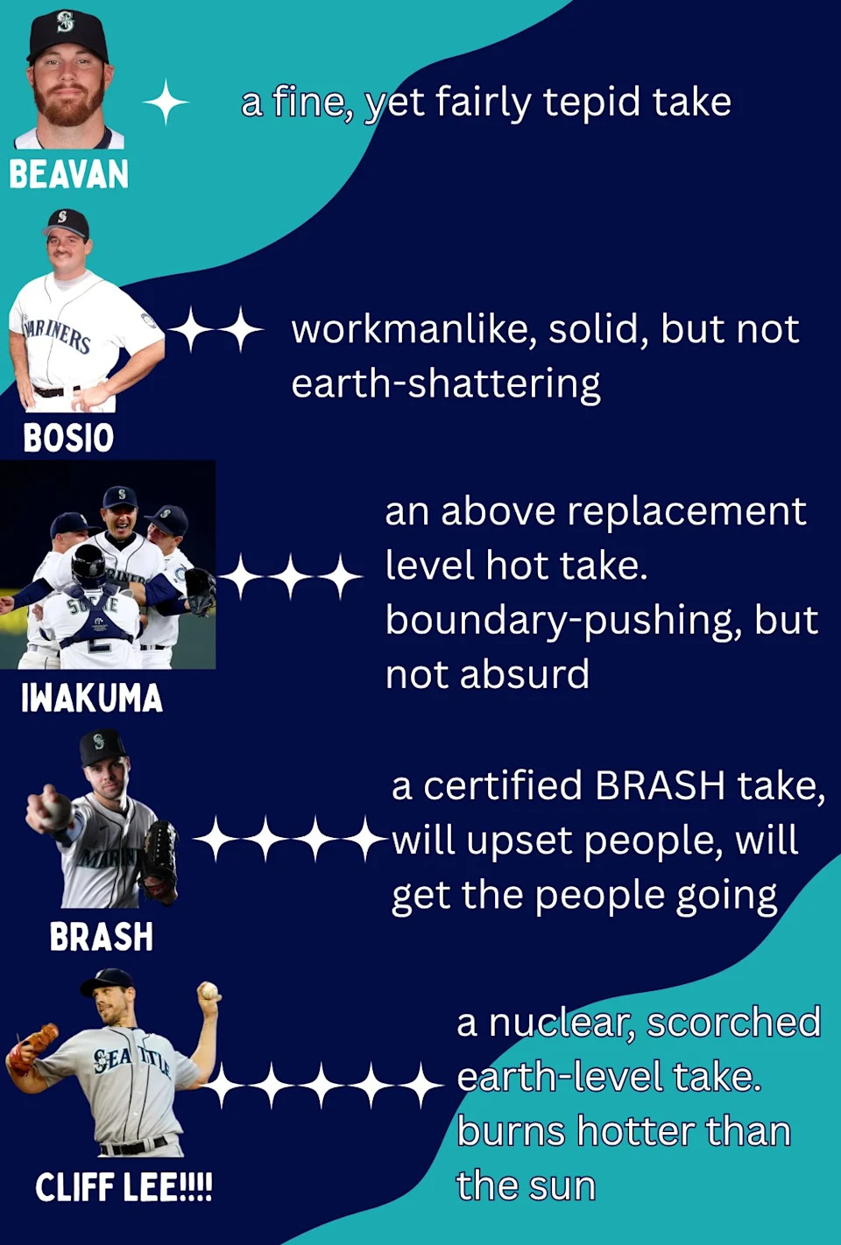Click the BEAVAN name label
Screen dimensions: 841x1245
point(68,174)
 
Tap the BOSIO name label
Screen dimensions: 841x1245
point(68,437)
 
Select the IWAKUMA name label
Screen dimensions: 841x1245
point(92,698)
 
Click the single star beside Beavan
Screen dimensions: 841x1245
point(166,102)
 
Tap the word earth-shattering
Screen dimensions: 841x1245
point(446,385)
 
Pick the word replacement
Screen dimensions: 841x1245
point(686,511)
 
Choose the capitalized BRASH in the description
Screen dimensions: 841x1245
point(660,786)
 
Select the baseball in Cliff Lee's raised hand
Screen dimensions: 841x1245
point(209,990)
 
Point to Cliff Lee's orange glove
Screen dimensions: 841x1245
point(31,1046)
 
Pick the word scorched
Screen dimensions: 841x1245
point(733,1022)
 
